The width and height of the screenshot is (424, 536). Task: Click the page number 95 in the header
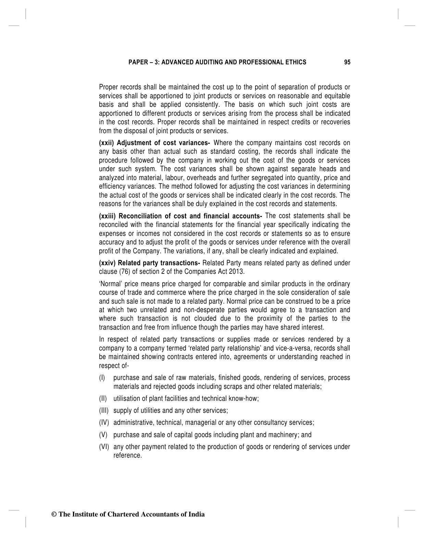pyautogui.click(x=347, y=62)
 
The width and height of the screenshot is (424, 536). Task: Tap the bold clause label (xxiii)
pyautogui.click(x=107, y=216)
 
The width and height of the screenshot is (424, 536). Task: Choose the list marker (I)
pyautogui.click(x=102, y=378)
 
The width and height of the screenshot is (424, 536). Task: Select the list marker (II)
pyautogui.click(x=103, y=399)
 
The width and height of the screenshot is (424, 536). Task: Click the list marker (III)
pyautogui.click(x=103, y=411)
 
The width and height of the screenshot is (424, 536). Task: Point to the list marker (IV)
pyautogui.click(x=103, y=423)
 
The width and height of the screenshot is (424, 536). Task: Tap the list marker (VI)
pyautogui.click(x=104, y=447)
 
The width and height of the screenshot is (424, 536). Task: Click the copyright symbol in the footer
pyautogui.click(x=54, y=514)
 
